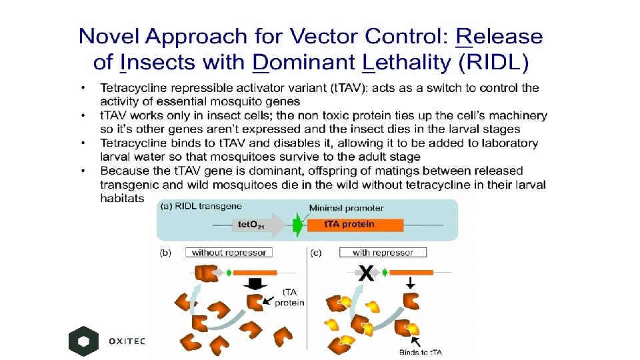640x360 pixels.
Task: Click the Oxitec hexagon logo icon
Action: pyautogui.click(x=83, y=341)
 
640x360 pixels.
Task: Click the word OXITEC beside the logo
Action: pyautogui.click(x=127, y=341)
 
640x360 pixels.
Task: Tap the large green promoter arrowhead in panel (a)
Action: pyautogui.click(x=297, y=225)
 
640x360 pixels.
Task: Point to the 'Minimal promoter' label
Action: pyautogui.click(x=346, y=208)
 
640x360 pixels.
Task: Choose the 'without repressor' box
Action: pyautogui.click(x=229, y=253)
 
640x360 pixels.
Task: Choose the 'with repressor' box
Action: pyautogui.click(x=383, y=253)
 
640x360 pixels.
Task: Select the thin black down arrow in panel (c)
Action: pyautogui.click(x=410, y=282)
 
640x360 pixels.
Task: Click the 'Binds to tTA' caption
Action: pyautogui.click(x=420, y=352)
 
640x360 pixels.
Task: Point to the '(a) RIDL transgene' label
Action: pyautogui.click(x=200, y=207)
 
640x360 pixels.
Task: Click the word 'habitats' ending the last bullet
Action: pyautogui.click(x=121, y=198)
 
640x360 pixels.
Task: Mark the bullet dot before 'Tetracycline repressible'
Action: pyautogui.click(x=83, y=88)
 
